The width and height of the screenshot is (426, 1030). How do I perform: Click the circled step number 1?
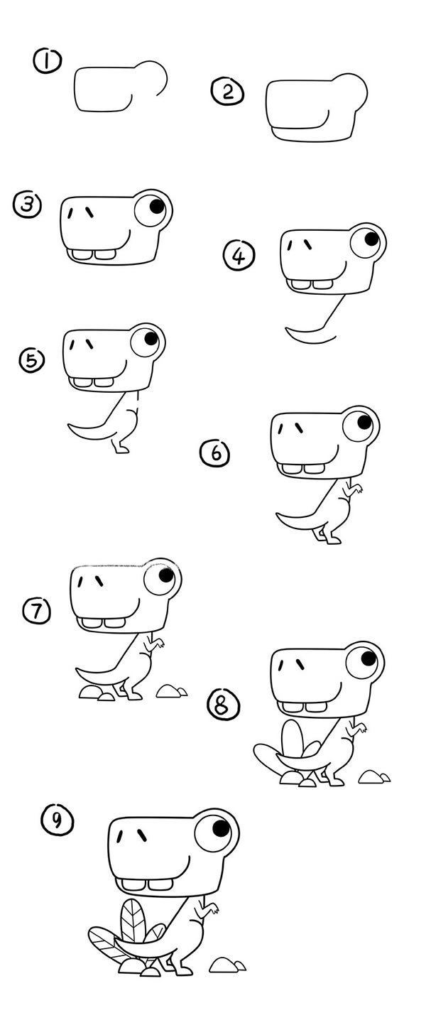[47, 62]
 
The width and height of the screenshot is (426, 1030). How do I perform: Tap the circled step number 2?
[227, 92]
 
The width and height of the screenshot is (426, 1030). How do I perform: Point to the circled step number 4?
[239, 256]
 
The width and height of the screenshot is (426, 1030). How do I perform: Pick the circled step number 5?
[32, 360]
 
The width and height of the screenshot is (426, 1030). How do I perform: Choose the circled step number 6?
[215, 453]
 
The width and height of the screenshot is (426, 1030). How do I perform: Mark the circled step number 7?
[37, 611]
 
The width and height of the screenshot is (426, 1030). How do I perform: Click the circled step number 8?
[224, 706]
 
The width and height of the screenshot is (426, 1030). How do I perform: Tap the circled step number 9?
[57, 820]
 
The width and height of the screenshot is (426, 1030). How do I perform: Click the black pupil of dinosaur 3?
[157, 206]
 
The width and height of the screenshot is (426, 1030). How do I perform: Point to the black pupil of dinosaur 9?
[221, 828]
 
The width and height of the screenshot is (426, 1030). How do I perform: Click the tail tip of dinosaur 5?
[69, 425]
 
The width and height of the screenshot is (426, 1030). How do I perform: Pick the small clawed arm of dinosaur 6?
[354, 488]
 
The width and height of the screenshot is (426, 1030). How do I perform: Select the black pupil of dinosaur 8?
[368, 658]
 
